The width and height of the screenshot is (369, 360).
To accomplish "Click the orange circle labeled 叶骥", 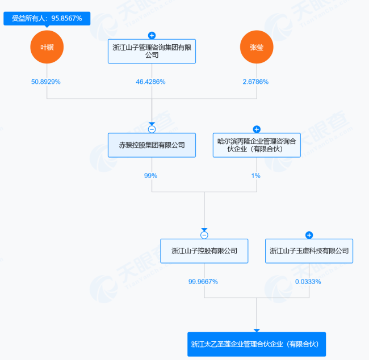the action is pos(47,47).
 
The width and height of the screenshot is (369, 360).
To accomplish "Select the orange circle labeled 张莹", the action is pos(257,47).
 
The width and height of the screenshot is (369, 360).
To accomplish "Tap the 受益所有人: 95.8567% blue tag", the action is pos(47,19).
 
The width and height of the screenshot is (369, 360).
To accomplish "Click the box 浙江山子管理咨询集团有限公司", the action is pos(152,51).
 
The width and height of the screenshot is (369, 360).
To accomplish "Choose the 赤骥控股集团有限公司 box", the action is pos(152,145).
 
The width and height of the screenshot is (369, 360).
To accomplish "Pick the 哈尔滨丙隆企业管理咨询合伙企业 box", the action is pos(257,145).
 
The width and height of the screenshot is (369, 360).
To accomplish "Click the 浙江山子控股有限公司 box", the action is pos(204,251).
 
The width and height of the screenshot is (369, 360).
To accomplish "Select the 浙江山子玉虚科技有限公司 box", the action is pos(309,251).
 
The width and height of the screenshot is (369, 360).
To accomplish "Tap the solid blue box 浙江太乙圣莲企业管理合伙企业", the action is pos(257,344).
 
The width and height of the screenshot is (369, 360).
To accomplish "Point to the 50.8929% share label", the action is pos(46,82).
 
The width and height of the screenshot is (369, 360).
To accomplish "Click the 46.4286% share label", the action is pos(150,82).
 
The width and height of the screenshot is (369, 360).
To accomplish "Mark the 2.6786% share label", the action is pos(255,82).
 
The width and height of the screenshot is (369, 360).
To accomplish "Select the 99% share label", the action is pos(150,176).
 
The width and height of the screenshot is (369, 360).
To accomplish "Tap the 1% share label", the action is pos(256,176).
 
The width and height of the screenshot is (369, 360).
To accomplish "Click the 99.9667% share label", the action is pos(203,282).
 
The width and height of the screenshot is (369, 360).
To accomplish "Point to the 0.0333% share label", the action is pos(308,282).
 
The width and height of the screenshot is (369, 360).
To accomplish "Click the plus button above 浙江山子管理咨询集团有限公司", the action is pos(152,36).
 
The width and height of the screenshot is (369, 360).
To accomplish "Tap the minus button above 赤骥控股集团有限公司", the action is pos(152,129).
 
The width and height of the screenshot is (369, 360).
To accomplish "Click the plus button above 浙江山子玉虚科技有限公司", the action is pos(309,235).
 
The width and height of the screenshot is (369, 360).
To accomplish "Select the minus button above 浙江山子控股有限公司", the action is pos(204,235).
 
